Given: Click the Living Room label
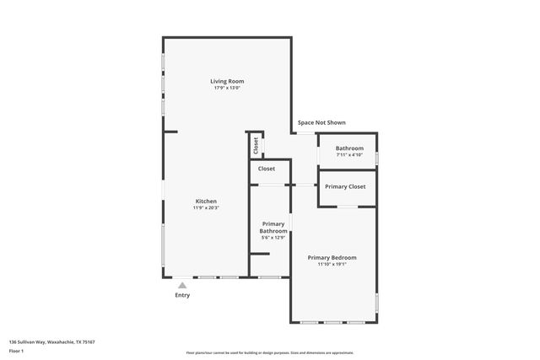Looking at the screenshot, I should pyautogui.click(x=227, y=81).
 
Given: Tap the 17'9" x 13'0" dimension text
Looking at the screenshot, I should pyautogui.click(x=227, y=88).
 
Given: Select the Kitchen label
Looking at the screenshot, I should pyautogui.click(x=206, y=201).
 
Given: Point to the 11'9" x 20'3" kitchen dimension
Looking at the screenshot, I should pyautogui.click(x=206, y=208).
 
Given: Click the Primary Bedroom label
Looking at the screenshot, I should pyautogui.click(x=332, y=257).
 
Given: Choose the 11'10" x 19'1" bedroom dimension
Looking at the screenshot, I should pyautogui.click(x=332, y=264).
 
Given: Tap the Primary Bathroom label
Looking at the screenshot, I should pyautogui.click(x=273, y=227).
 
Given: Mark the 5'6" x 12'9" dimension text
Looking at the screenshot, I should pyautogui.click(x=273, y=237).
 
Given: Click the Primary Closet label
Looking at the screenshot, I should pyautogui.click(x=345, y=186).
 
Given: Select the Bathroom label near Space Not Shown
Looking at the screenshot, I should pyautogui.click(x=349, y=148).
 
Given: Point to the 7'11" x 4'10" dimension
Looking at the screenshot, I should pyautogui.click(x=349, y=155).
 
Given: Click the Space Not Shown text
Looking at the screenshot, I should pyautogui.click(x=321, y=122).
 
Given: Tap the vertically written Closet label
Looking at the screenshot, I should pyautogui.click(x=256, y=145).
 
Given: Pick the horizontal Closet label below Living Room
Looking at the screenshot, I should pyautogui.click(x=267, y=169).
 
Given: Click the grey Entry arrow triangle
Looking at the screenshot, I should pyautogui.click(x=181, y=285).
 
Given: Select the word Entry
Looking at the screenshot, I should pyautogui.click(x=182, y=295).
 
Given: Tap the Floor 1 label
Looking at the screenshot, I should pyautogui.click(x=16, y=350).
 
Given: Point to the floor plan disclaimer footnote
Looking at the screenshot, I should pyautogui.click(x=269, y=352).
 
